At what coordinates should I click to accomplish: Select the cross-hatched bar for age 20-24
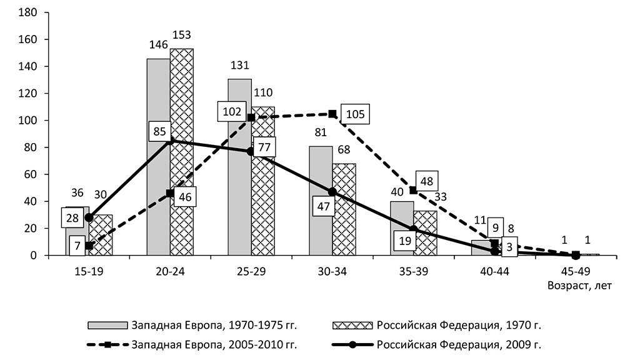181,187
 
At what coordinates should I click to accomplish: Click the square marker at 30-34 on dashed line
332,114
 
